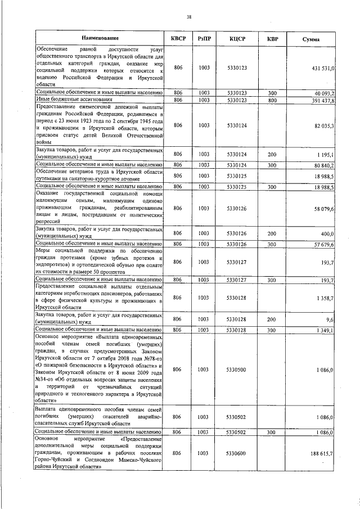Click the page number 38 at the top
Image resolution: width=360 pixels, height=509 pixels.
189,17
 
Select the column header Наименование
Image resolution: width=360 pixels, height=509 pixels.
100,38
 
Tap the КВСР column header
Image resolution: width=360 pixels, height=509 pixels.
178,38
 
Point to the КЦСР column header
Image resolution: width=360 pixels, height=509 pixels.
237,38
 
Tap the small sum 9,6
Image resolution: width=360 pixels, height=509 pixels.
330,319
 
